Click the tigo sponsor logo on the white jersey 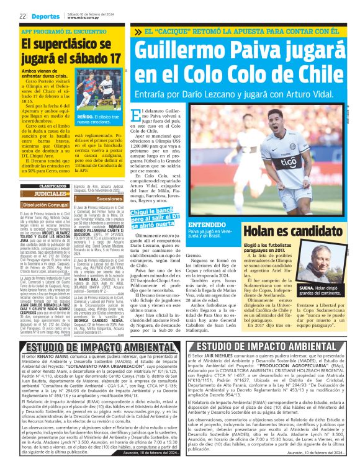click(288, 163)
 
